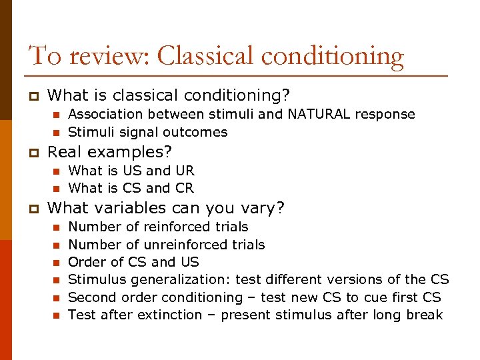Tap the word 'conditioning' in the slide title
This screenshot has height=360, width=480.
click(332, 57)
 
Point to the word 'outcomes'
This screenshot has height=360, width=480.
click(198, 131)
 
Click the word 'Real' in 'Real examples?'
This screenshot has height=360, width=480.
click(63, 151)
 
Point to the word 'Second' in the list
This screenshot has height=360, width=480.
click(91, 297)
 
